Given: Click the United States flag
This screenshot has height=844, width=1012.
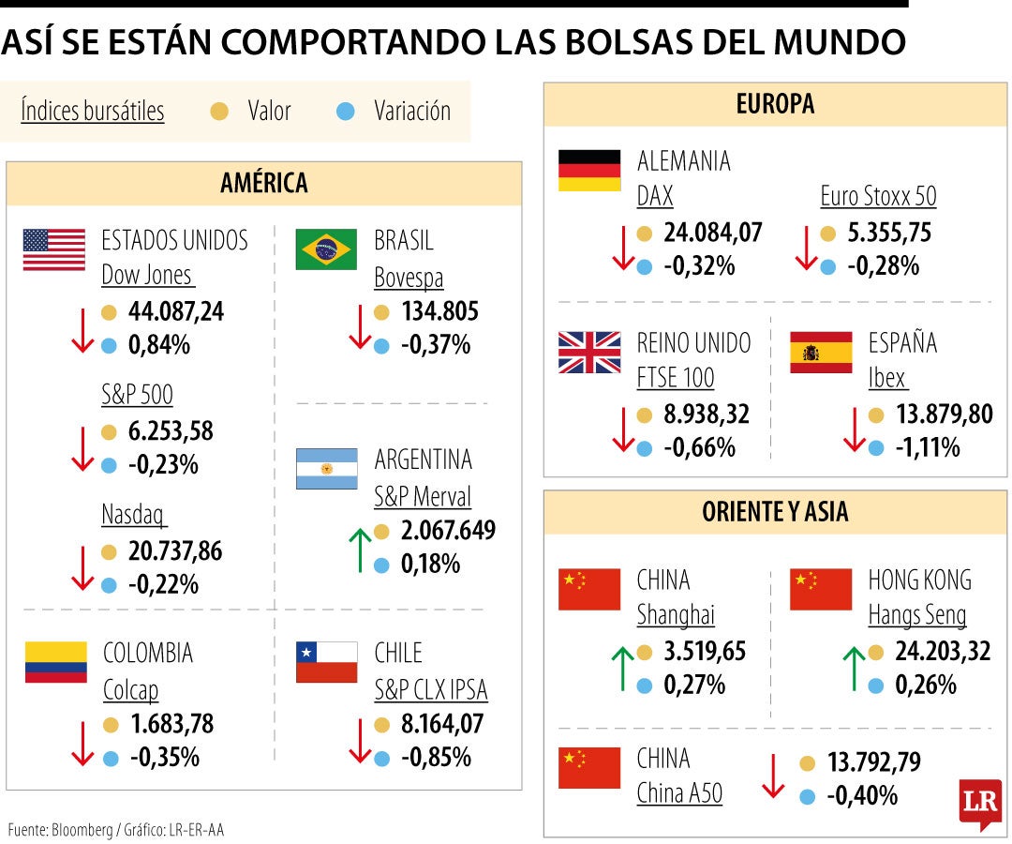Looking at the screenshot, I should [x=53, y=249].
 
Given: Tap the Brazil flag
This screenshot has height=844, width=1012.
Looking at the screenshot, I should [x=326, y=249].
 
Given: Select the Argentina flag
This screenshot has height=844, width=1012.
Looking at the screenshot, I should [x=326, y=469].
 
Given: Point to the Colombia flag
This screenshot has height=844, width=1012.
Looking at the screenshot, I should [x=55, y=662].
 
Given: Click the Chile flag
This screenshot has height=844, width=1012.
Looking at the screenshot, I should [x=326, y=662].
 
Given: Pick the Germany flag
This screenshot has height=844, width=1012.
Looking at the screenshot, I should [x=589, y=170].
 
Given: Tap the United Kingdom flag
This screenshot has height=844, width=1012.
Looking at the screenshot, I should [x=589, y=353].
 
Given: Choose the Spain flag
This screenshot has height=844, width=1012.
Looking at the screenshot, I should [x=821, y=353].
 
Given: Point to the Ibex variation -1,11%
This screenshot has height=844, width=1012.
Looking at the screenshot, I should [x=927, y=448].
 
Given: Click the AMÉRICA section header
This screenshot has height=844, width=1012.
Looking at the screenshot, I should [x=263, y=183].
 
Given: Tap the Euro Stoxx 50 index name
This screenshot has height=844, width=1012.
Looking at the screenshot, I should [x=878, y=196].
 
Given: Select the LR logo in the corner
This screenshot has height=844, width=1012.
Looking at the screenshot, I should [x=980, y=804].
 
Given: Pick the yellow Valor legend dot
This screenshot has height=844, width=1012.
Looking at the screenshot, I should [x=219, y=112].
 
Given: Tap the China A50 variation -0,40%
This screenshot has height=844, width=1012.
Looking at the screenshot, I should [x=862, y=796].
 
